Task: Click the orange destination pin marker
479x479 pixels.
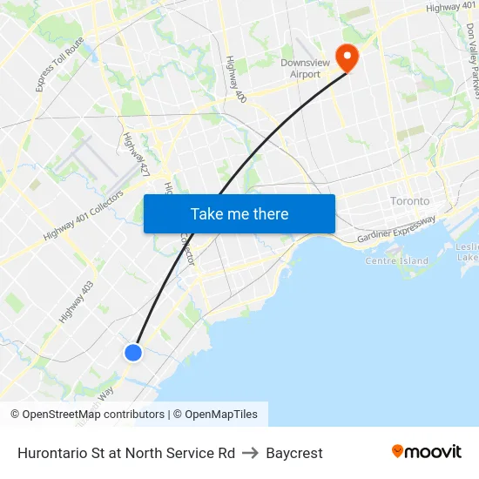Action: pos(347,57)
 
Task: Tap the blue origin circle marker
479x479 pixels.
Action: pos(132,352)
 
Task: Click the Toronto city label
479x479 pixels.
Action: pos(409,201)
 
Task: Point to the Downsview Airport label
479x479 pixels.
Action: pos(300,69)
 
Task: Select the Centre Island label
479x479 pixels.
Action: pos(396,260)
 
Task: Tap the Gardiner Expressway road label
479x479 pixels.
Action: pos(396,228)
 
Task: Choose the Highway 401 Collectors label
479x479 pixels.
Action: pos(84,216)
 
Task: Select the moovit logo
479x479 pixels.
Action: pos(426,452)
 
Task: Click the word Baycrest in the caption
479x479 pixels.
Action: pos(294,453)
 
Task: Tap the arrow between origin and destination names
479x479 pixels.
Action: pos(250,453)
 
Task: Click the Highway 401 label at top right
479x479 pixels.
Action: pos(451,8)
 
